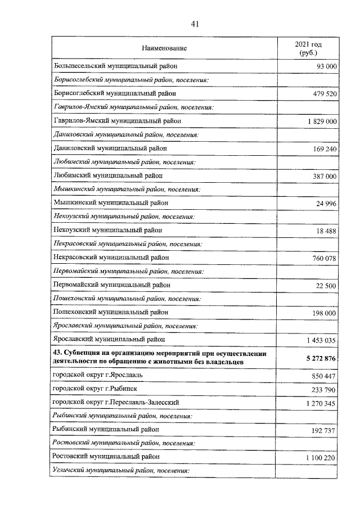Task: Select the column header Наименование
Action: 164,49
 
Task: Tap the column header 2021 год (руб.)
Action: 309,49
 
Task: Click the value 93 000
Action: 325,66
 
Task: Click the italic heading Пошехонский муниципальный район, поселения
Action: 123,298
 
